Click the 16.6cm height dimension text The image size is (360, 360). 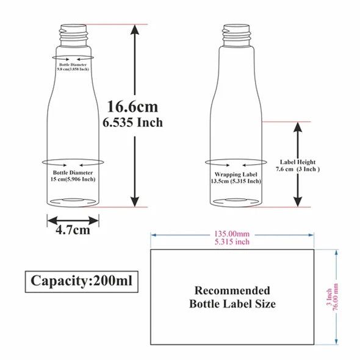132,107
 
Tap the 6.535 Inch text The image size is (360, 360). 132,123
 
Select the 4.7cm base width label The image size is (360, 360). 73,230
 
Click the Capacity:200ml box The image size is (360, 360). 82,281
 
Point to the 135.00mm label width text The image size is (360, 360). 232,234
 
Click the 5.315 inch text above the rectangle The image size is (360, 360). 232,242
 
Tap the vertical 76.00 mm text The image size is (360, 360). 336,297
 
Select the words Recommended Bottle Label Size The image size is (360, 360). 232,297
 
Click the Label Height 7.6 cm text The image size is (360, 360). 298,165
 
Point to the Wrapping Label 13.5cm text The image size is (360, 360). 236,178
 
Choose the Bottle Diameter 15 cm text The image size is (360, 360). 73,176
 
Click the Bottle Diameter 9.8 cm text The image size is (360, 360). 73,67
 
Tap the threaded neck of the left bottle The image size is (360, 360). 73,35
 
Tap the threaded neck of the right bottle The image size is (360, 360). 237,35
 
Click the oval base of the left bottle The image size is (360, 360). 73,201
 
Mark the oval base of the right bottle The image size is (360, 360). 236,201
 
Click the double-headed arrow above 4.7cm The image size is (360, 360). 73,221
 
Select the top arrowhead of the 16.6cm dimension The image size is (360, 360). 135,30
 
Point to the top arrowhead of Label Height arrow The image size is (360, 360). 298,127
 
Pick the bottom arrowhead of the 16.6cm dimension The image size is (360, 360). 135,201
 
